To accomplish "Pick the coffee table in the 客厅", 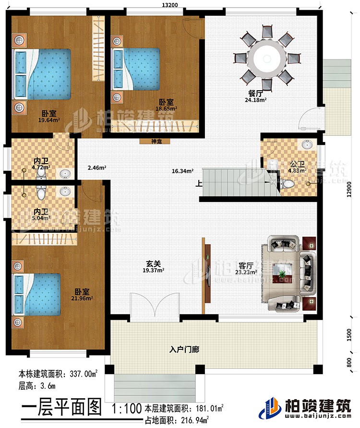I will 282,272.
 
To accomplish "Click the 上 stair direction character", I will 198,182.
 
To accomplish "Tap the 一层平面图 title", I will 62,409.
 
